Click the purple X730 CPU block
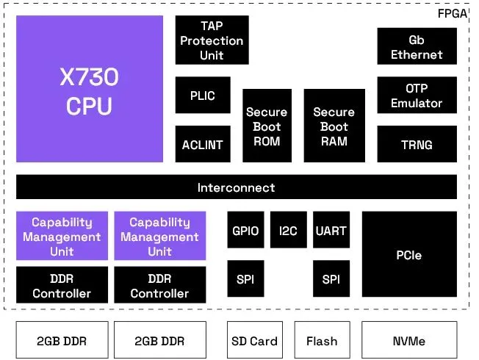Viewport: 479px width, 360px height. tap(90, 89)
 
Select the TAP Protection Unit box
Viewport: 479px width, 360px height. tap(212, 41)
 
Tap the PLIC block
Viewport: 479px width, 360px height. tap(202, 96)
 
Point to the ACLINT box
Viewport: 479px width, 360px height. tap(202, 144)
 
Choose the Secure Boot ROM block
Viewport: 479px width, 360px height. tap(267, 126)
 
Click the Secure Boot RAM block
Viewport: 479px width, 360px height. tap(334, 126)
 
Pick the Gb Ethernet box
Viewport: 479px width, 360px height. tap(417, 47)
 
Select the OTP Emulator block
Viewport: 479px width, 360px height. tap(417, 96)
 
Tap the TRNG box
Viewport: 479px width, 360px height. tap(417, 144)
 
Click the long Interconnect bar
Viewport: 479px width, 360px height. tap(236, 187)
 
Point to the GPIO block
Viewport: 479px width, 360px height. tap(245, 231)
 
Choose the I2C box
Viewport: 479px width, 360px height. tap(288, 231)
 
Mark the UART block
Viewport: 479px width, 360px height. tap(331, 231)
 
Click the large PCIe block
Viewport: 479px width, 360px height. tap(409, 255)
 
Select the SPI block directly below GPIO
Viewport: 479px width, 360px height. tap(245, 278)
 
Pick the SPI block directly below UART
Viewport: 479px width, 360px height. tap(331, 278)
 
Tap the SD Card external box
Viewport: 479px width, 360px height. tap(254, 340)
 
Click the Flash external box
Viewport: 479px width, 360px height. tap(322, 340)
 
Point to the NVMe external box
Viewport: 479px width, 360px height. tap(409, 340)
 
